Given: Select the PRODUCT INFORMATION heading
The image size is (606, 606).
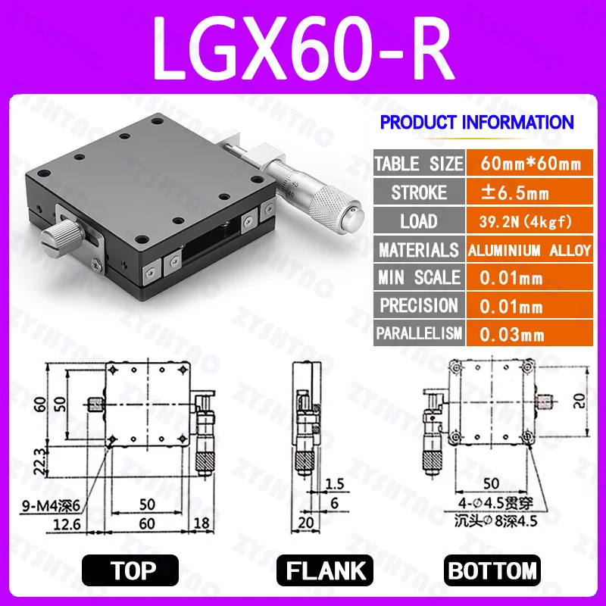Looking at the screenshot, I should point(476,122).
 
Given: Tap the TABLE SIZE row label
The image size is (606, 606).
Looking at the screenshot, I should point(418,164).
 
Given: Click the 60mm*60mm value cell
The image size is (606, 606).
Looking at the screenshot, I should point(528,164).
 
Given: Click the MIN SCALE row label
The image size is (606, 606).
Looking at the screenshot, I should point(418,278).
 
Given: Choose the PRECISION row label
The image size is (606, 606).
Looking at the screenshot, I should point(418,306).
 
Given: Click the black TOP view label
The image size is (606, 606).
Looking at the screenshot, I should point(130,570).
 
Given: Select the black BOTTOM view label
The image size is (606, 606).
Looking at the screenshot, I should point(493,570).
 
